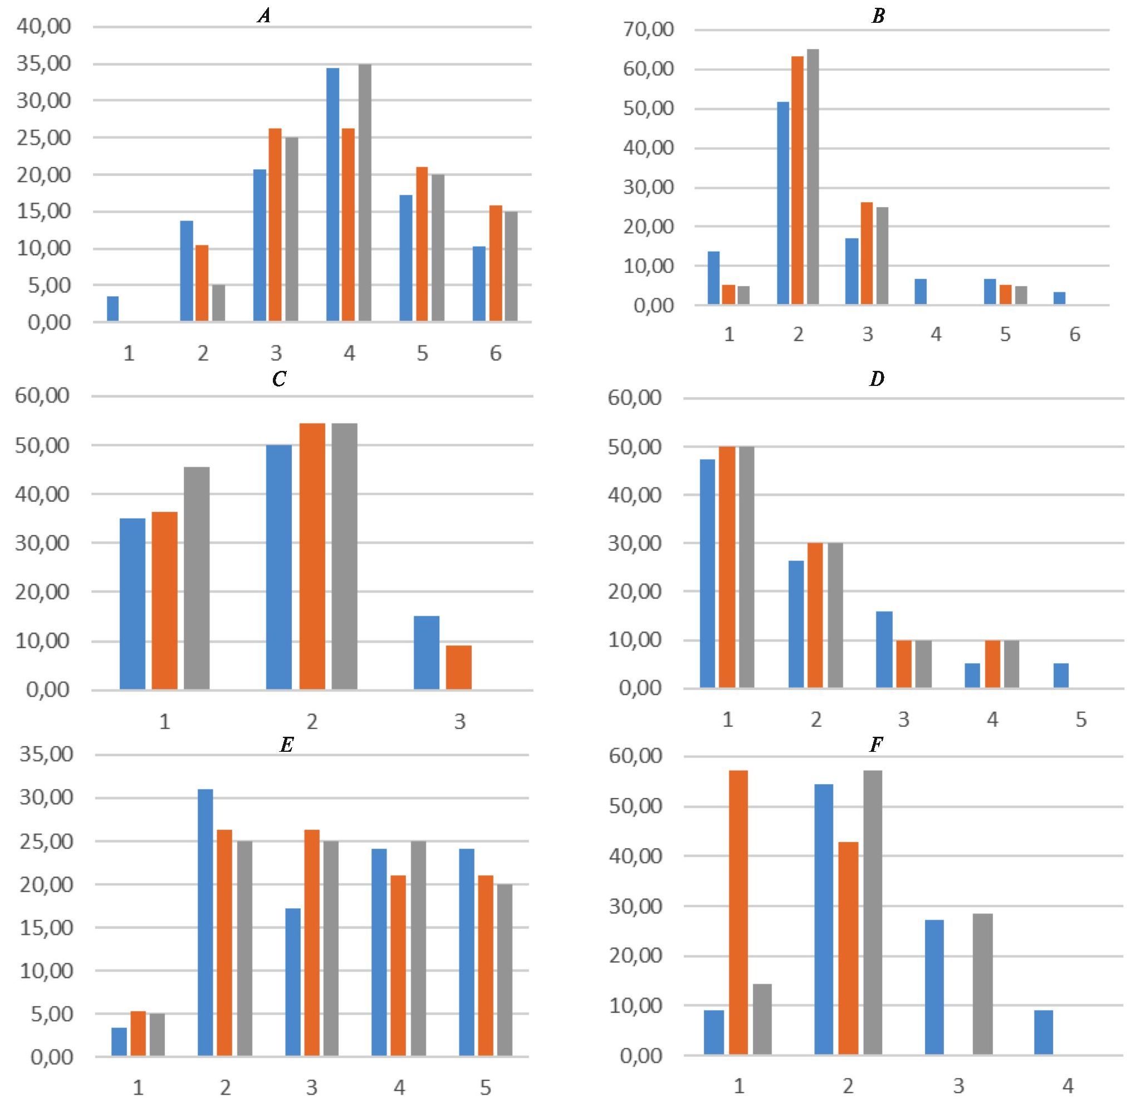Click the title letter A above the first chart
265,16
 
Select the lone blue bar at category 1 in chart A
112,309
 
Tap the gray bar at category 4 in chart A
365,193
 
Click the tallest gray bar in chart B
813,176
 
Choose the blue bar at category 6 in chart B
1059,298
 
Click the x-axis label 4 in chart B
936,334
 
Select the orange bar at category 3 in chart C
459,667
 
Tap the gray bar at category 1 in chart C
197,577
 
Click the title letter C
279,379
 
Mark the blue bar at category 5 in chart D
1061,675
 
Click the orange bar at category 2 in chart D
815,615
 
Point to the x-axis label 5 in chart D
1081,720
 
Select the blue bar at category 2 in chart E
206,923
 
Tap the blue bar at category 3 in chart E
293,982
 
